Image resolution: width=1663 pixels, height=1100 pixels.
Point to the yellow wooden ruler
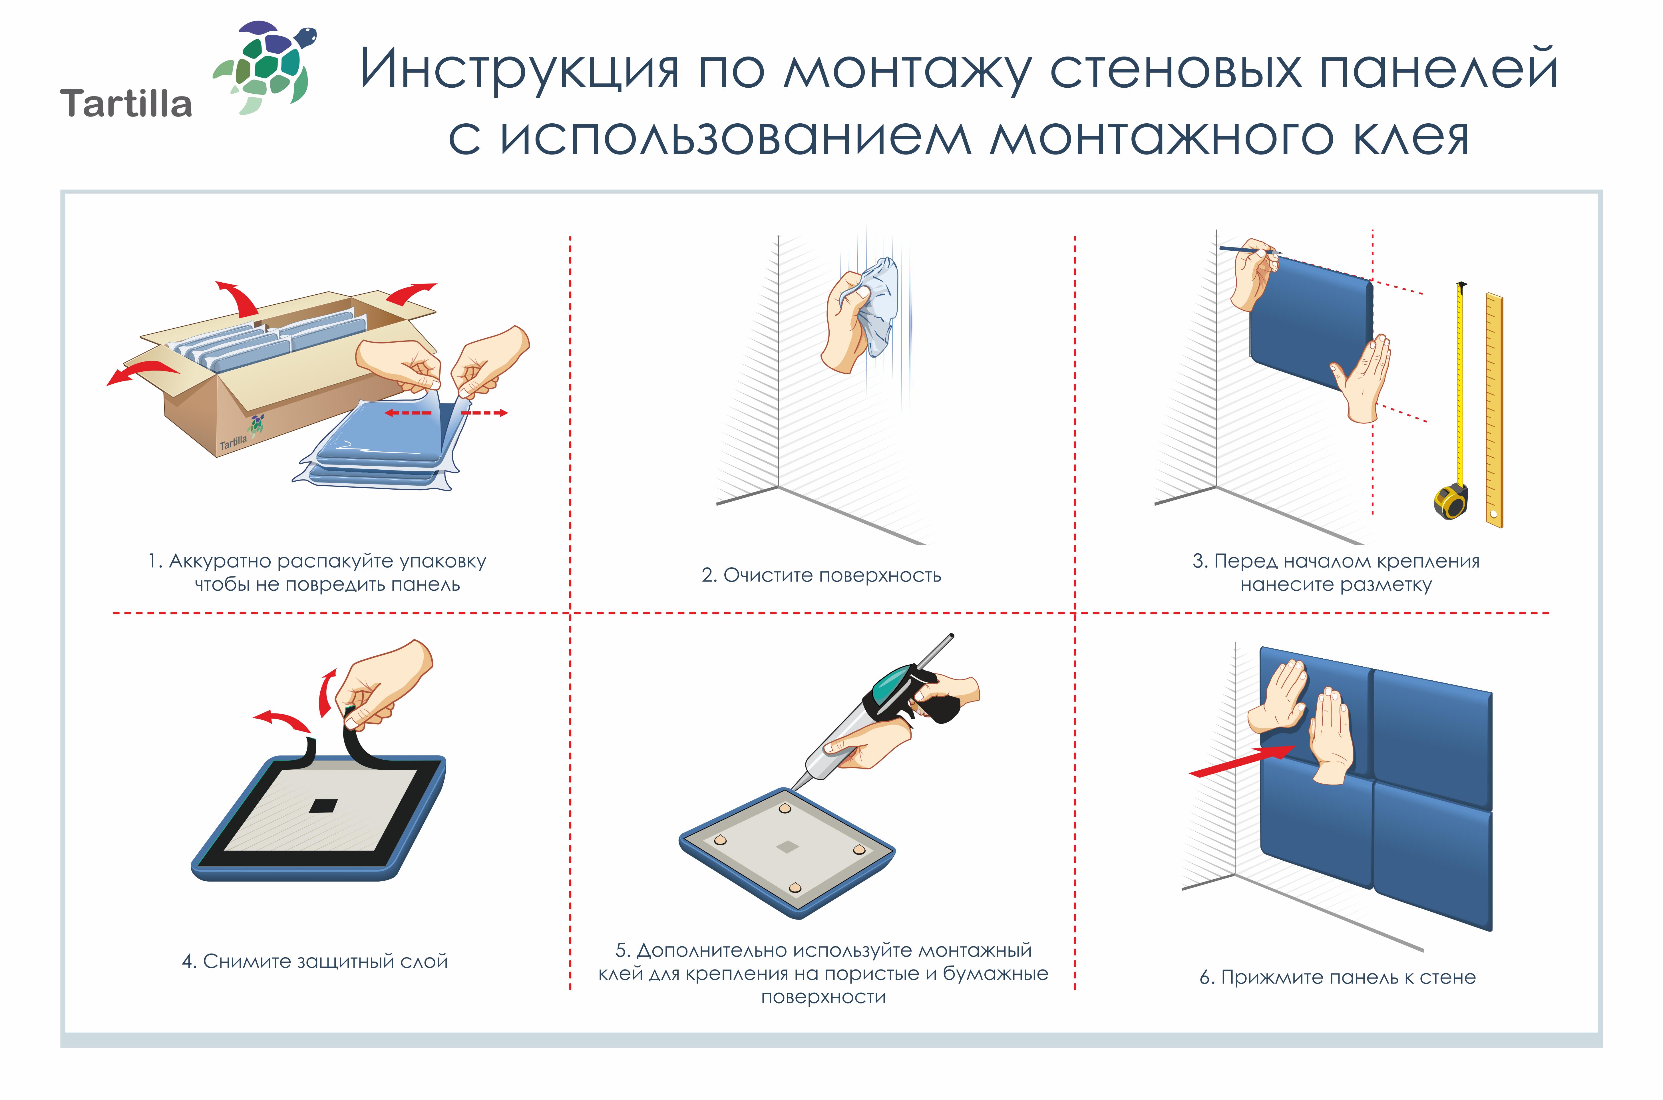(1494, 411)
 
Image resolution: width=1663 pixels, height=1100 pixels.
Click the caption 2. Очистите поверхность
(821, 575)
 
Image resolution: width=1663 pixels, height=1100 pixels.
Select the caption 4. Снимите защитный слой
(314, 961)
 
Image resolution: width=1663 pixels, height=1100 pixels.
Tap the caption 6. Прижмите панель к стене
(1337, 977)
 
